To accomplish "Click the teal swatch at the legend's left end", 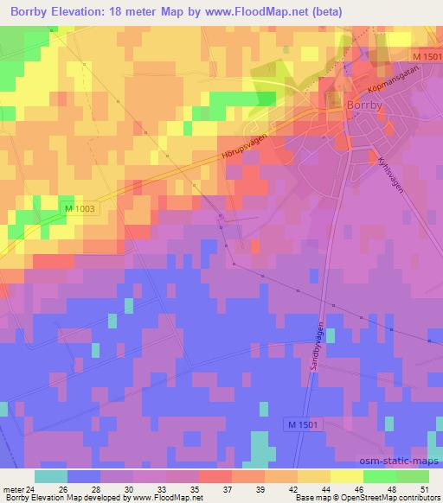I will [x=51, y=476].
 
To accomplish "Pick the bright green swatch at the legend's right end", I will [x=412, y=476].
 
